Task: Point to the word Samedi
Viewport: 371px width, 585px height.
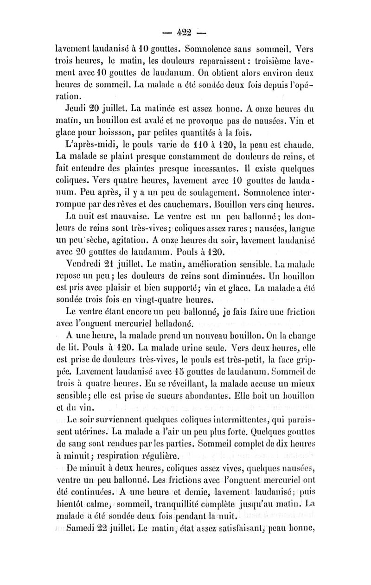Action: click(83, 526)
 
